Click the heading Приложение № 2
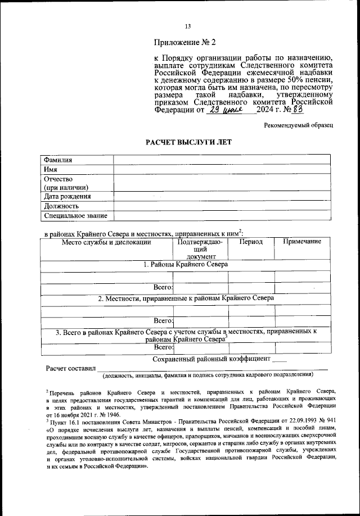[185, 43]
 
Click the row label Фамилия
[58, 160]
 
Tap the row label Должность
[61, 206]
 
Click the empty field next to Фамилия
[222, 160]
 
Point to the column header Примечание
[302, 242]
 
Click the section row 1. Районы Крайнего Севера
[185, 264]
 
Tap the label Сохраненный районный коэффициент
[212, 359]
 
